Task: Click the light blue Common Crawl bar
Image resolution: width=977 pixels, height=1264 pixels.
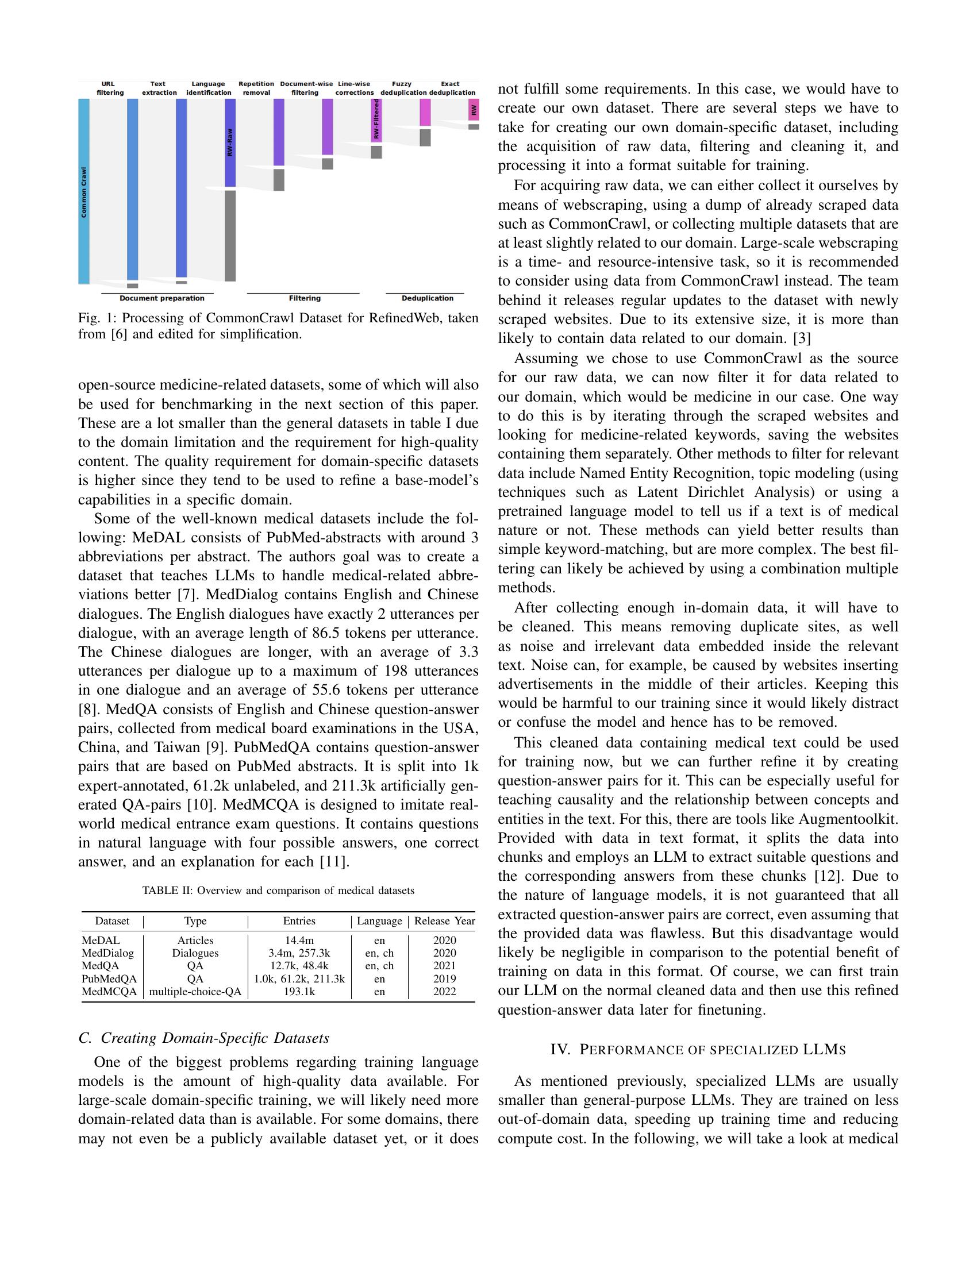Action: coord(84,191)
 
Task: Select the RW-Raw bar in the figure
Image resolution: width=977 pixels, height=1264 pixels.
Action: coord(230,142)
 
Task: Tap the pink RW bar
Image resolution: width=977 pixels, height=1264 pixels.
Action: coord(474,110)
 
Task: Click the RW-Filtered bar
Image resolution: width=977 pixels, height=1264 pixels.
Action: coord(376,121)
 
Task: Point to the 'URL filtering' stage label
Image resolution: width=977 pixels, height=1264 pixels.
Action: coord(109,88)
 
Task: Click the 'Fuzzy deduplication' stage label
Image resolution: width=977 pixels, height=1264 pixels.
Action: coord(403,88)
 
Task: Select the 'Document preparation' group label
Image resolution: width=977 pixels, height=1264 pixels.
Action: coord(161,298)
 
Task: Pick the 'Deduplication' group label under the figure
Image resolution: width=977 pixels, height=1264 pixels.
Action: coord(427,298)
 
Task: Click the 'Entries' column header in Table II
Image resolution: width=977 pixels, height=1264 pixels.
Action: coord(299,921)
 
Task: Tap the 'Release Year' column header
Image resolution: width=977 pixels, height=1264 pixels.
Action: coord(444,921)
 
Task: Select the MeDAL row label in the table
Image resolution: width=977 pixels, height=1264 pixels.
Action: coord(101,941)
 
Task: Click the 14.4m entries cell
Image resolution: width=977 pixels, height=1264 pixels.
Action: coord(299,941)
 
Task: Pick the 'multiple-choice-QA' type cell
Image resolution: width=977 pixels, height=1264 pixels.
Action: coord(195,992)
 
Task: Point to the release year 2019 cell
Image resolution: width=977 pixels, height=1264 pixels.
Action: coord(444,978)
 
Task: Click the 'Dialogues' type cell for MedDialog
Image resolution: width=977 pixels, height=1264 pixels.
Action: coord(195,953)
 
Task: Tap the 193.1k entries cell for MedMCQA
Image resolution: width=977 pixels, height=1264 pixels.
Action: coord(299,992)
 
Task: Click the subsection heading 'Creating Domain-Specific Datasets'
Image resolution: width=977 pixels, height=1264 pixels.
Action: coord(215,1038)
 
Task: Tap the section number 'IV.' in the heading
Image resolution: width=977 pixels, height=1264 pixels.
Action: coord(560,1050)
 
